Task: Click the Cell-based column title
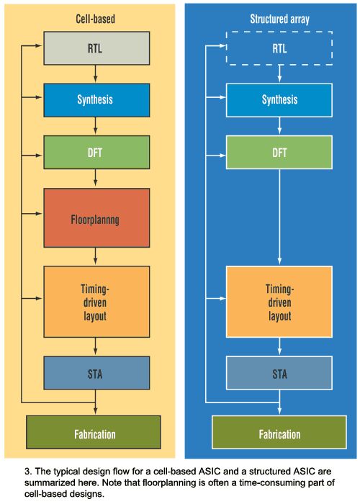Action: (x=95, y=19)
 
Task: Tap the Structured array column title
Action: (x=279, y=19)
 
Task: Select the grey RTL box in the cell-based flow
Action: (x=96, y=48)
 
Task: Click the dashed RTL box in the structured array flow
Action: (x=279, y=48)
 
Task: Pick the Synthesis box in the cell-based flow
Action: (x=96, y=100)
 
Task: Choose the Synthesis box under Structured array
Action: (x=279, y=100)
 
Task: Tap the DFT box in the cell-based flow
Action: (x=96, y=152)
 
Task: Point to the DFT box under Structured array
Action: (x=279, y=152)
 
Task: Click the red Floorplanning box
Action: (x=96, y=218)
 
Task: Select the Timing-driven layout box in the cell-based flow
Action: (x=96, y=302)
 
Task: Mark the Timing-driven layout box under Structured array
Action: (x=279, y=302)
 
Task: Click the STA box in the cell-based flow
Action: (x=96, y=373)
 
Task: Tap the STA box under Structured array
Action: (x=279, y=373)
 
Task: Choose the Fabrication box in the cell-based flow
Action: (x=93, y=432)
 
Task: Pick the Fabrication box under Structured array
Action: (x=279, y=432)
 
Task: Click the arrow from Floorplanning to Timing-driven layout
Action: (x=95, y=256)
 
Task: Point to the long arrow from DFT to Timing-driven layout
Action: (x=279, y=217)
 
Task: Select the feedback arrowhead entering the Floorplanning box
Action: (x=39, y=213)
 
